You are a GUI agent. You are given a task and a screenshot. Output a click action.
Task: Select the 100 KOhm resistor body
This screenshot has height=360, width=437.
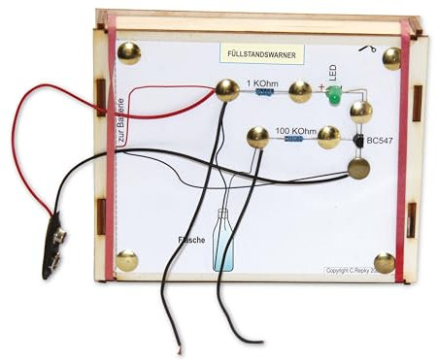(x=294, y=140)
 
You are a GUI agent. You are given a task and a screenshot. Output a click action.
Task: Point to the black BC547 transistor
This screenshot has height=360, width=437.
(x=359, y=143)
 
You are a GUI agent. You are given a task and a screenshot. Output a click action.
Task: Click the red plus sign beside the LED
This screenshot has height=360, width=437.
(x=321, y=85)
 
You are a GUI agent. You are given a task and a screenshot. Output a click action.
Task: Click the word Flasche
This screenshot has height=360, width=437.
(x=190, y=239)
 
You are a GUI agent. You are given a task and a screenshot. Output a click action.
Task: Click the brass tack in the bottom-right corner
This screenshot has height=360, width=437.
(x=385, y=263)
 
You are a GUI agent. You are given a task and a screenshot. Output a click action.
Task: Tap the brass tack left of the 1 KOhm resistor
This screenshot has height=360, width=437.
(x=226, y=90)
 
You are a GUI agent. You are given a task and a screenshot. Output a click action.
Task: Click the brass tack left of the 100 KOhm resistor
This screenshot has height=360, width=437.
(x=257, y=138)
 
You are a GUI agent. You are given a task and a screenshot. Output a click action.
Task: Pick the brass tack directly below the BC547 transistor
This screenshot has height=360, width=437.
(x=359, y=170)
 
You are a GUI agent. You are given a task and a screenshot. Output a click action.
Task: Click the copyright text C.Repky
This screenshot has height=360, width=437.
(x=357, y=271)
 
